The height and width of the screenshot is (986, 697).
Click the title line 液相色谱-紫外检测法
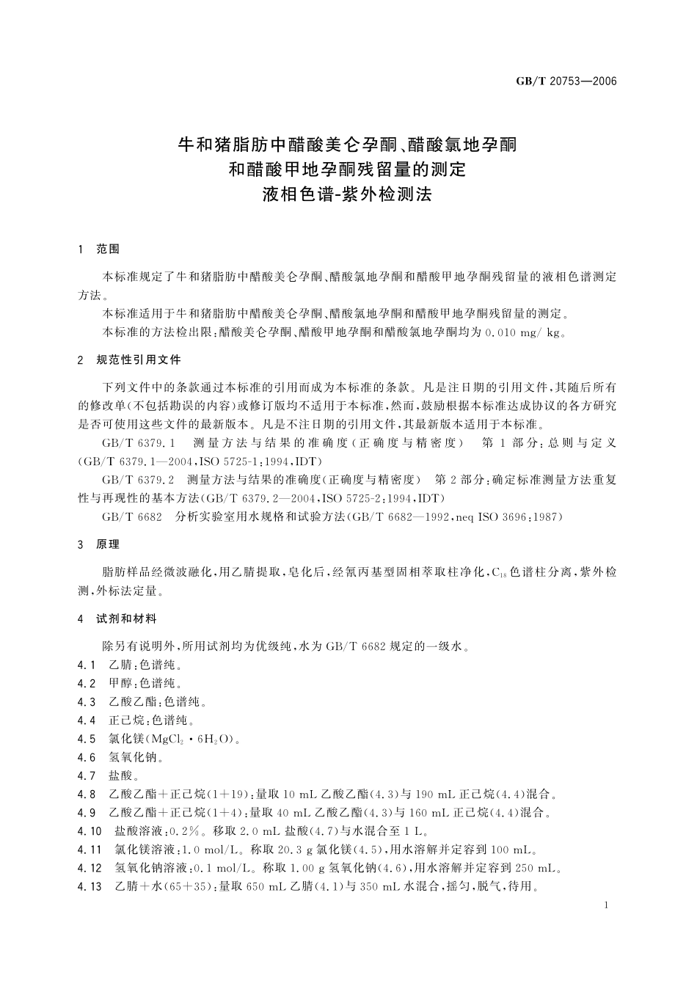tap(348, 194)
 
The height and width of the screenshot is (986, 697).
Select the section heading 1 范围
tap(98, 249)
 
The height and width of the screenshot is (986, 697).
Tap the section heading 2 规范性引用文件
tap(129, 360)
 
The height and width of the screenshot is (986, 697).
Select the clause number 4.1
tap(87, 665)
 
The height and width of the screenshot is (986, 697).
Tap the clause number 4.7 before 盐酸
tap(87, 775)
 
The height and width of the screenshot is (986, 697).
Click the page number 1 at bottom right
tap(606, 906)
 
